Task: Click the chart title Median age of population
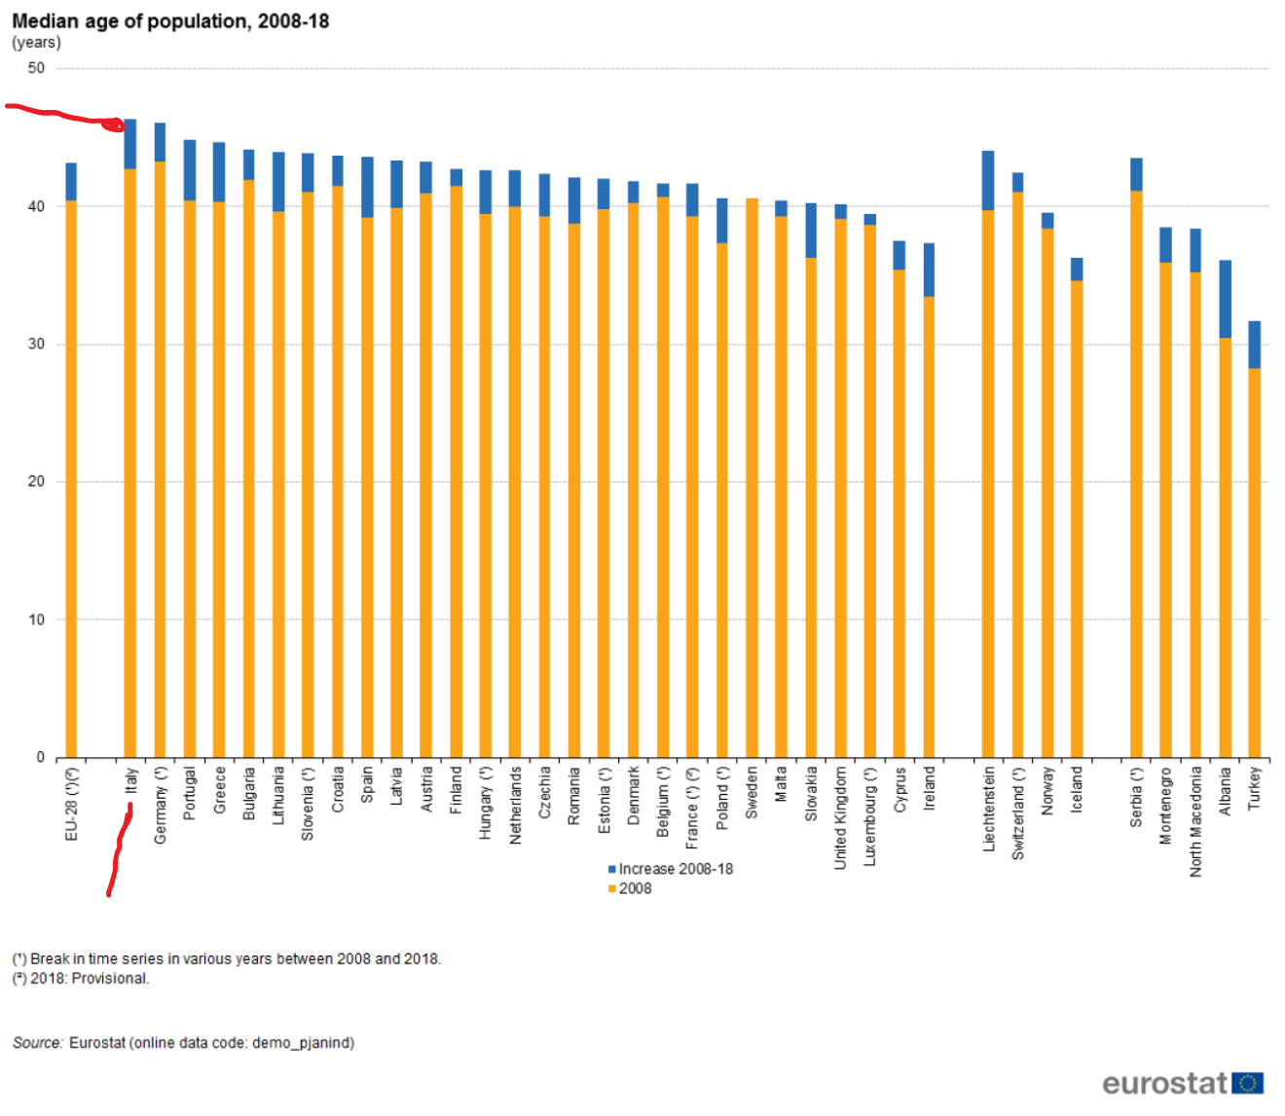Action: pos(170,20)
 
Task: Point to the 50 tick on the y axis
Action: pos(36,68)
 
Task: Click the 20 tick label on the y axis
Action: pos(36,482)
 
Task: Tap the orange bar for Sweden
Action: pos(752,477)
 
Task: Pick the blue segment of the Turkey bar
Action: pos(1254,344)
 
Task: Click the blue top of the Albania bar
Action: pos(1225,299)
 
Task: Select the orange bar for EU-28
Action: pos(71,477)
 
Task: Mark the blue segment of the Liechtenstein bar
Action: pos(988,180)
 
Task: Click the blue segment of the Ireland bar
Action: pos(929,270)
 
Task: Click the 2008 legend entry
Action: pos(634,888)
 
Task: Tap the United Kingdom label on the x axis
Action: pos(840,817)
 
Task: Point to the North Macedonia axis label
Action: pos(1195,821)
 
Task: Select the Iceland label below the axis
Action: pos(1077,789)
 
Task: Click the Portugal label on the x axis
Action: pos(190,793)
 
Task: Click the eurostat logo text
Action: pos(1164,1083)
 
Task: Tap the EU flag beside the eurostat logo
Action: pos(1248,1083)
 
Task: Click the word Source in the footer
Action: pos(37,1043)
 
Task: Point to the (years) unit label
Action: pos(36,43)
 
